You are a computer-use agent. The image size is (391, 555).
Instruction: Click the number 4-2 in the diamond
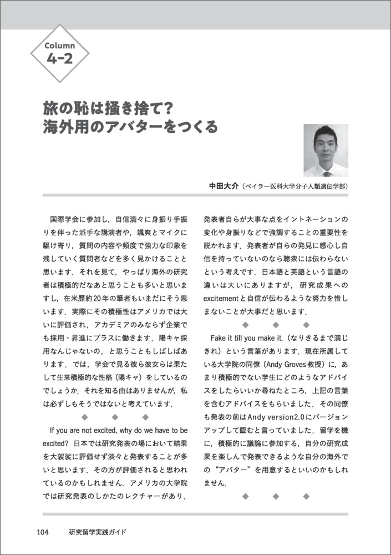pos(59,57)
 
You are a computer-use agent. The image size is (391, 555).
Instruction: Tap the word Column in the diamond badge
pos(59,45)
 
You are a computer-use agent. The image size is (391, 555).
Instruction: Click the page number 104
pos(43,532)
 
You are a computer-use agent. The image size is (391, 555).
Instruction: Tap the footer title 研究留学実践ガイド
pos(98,532)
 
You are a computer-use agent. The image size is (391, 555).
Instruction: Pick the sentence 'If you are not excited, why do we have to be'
pos(119,430)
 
